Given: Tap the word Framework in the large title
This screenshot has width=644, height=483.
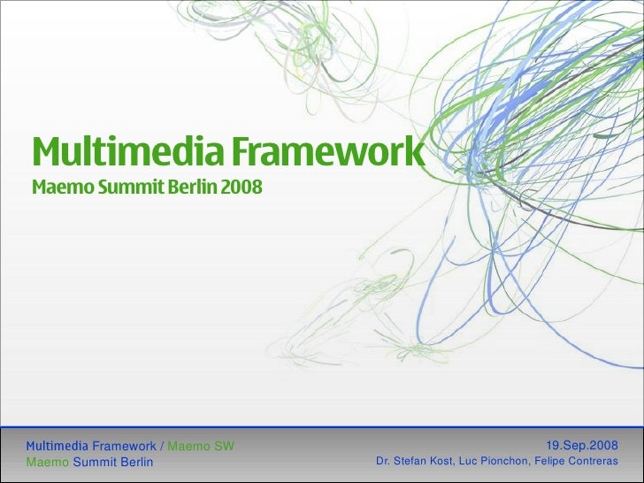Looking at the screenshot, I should (x=328, y=153).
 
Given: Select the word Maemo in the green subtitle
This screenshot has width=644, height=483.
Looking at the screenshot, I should (x=58, y=190).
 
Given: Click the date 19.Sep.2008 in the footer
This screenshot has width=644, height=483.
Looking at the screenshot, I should (x=582, y=446).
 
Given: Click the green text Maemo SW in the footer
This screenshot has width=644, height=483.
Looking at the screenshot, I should (x=201, y=446).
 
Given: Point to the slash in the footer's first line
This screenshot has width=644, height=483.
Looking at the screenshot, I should (x=161, y=446).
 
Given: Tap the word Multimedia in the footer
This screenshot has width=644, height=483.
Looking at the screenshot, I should (x=57, y=446).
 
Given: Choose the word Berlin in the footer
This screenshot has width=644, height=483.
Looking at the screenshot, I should (x=134, y=462).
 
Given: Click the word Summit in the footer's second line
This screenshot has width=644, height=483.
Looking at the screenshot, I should (x=92, y=462).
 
